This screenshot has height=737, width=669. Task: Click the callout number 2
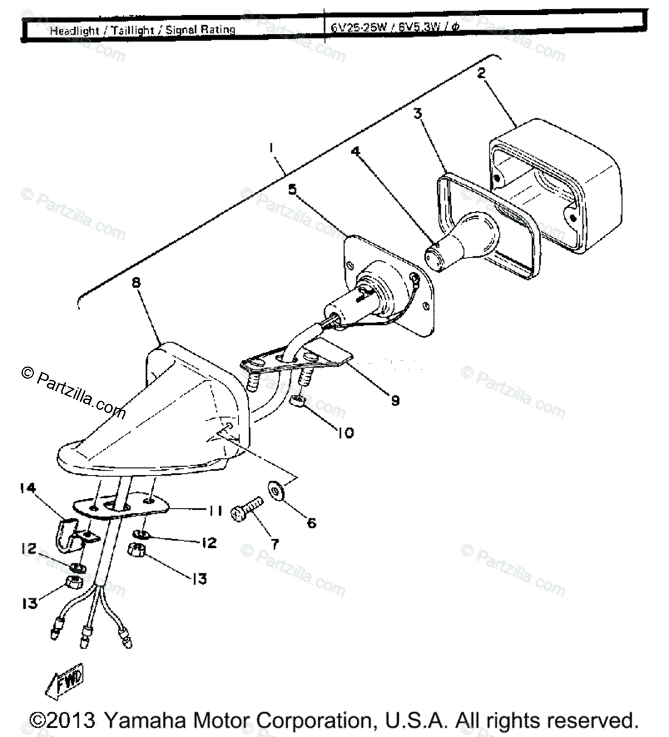pyautogui.click(x=481, y=73)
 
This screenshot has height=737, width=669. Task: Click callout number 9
pyautogui.click(x=394, y=400)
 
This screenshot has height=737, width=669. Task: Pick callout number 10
pyautogui.click(x=345, y=433)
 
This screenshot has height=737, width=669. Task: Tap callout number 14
pyautogui.click(x=28, y=489)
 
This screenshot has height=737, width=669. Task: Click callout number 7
pyautogui.click(x=274, y=543)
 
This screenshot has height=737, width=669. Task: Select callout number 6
pyautogui.click(x=311, y=523)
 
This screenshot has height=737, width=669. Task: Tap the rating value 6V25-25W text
pyautogui.click(x=358, y=27)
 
